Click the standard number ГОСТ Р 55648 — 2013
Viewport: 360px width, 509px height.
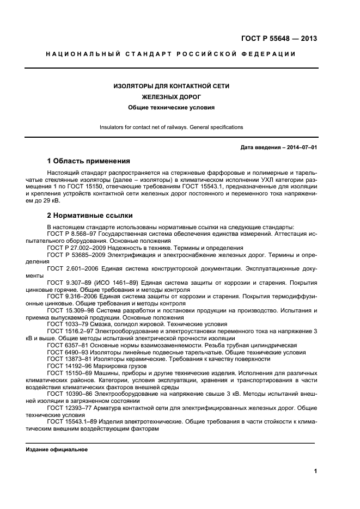click(278, 38)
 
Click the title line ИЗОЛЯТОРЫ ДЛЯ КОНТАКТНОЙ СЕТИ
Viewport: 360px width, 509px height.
click(171, 86)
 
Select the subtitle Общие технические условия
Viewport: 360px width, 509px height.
click(171, 107)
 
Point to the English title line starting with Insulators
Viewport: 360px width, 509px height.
click(171, 127)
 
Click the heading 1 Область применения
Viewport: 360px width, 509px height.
click(88, 161)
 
